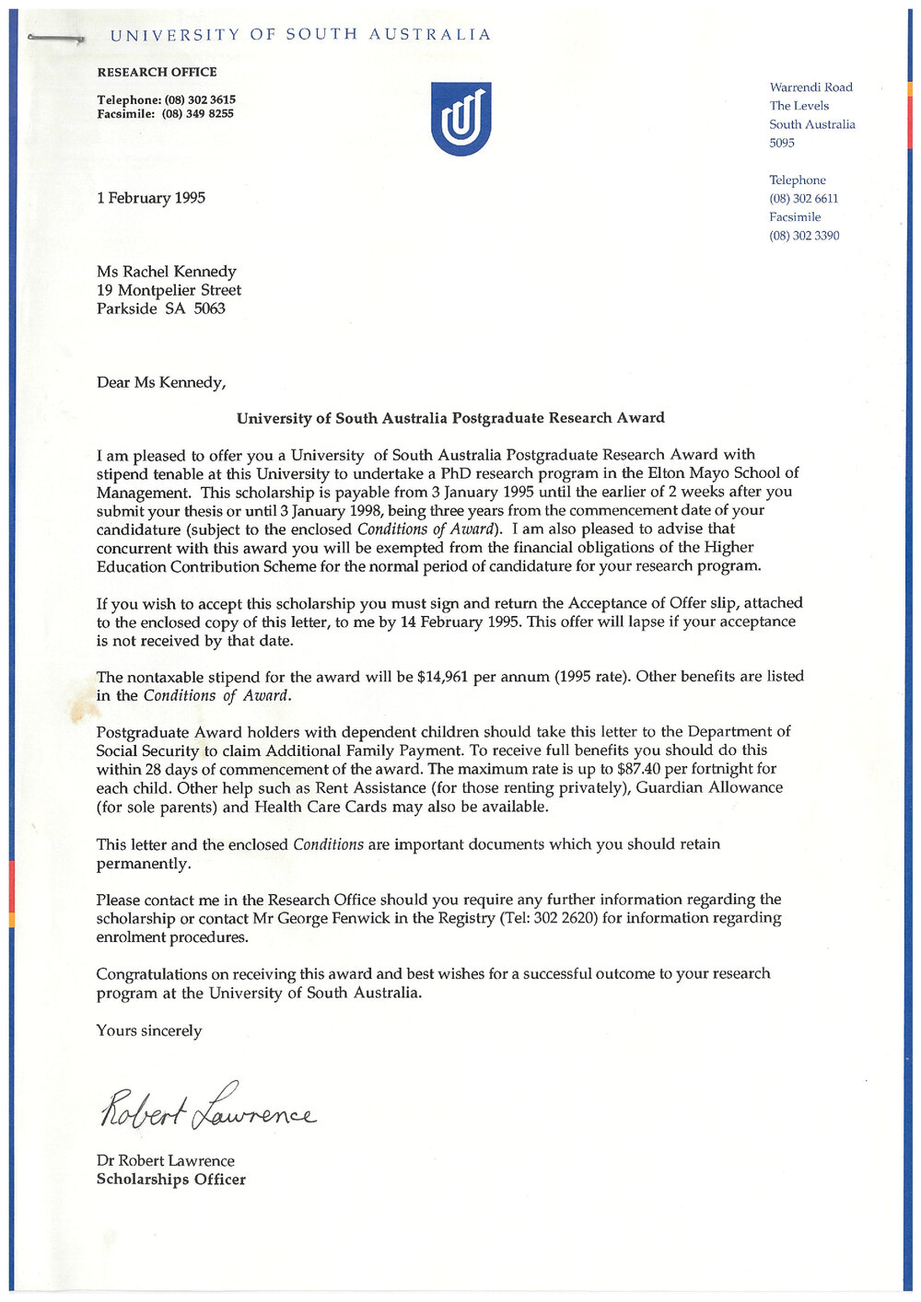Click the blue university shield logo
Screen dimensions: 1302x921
(x=460, y=119)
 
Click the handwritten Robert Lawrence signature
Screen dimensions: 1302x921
(x=207, y=1109)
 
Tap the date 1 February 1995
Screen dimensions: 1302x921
(x=151, y=198)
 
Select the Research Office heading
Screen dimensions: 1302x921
(x=157, y=72)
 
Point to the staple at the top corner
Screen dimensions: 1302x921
(x=55, y=38)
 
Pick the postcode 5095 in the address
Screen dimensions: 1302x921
(x=782, y=143)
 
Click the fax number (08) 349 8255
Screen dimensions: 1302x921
(x=197, y=114)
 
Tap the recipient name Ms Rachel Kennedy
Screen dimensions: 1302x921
(x=167, y=272)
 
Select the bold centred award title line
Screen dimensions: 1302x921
(x=450, y=418)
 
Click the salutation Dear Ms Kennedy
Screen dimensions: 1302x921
(x=161, y=382)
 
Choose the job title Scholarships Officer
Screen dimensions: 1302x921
(x=171, y=1180)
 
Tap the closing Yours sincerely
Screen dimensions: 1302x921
(x=149, y=1030)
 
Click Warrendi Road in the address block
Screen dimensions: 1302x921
(x=811, y=87)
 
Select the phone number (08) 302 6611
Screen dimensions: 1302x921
(x=804, y=199)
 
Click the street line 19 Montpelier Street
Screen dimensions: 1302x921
(x=169, y=290)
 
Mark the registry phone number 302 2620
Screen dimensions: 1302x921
(x=565, y=918)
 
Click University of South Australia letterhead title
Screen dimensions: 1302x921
(x=300, y=35)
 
